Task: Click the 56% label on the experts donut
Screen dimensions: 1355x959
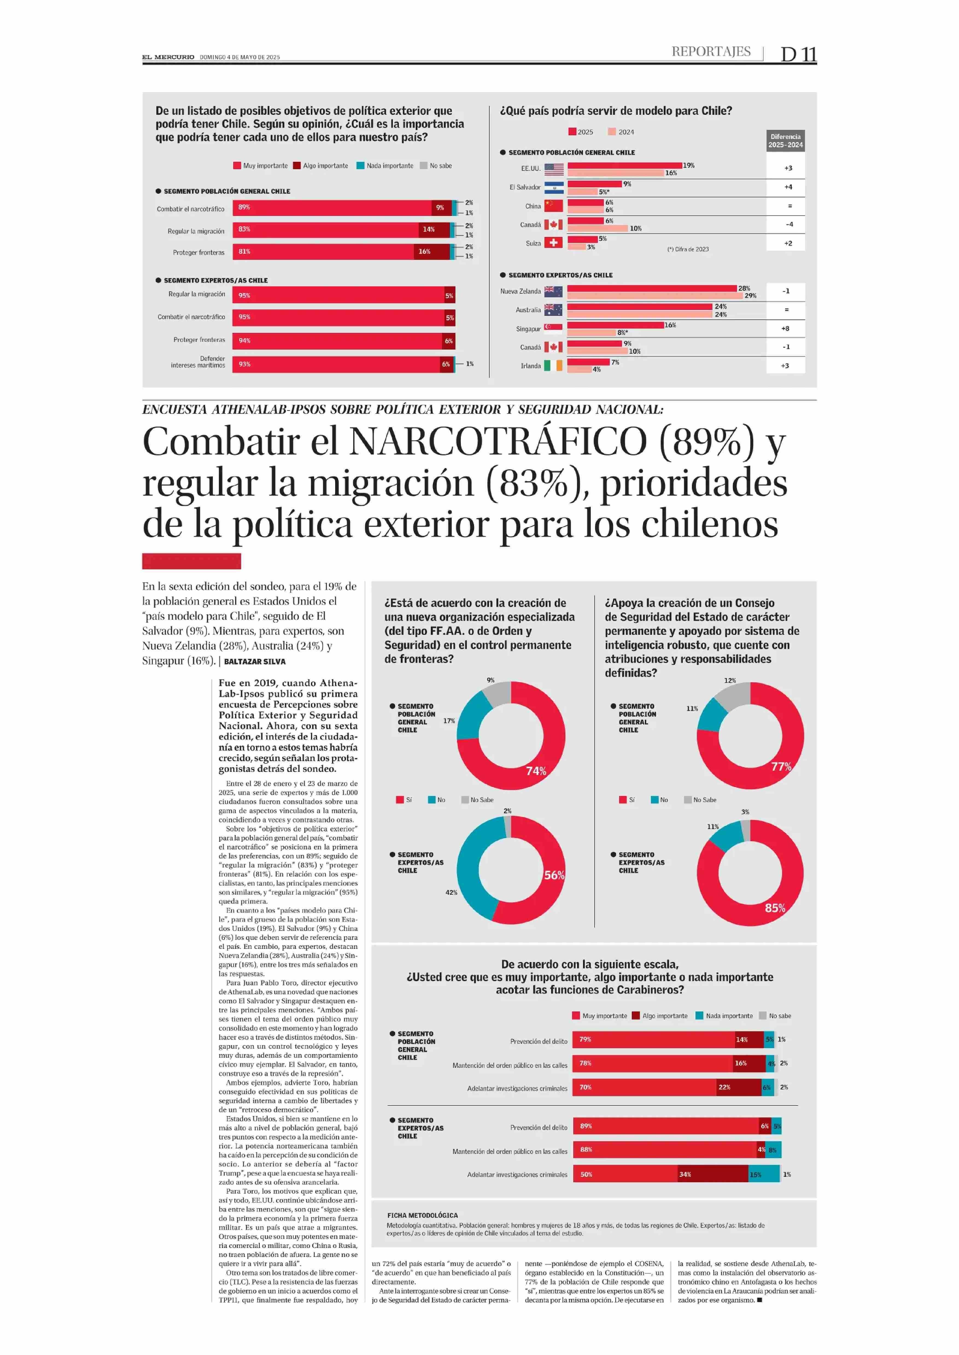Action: point(554,875)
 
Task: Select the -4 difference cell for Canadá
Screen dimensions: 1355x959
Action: point(789,224)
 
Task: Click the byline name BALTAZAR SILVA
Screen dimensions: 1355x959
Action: point(255,661)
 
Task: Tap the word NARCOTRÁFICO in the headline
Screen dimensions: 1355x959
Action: point(498,442)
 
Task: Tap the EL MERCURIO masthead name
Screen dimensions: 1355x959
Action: point(168,57)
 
